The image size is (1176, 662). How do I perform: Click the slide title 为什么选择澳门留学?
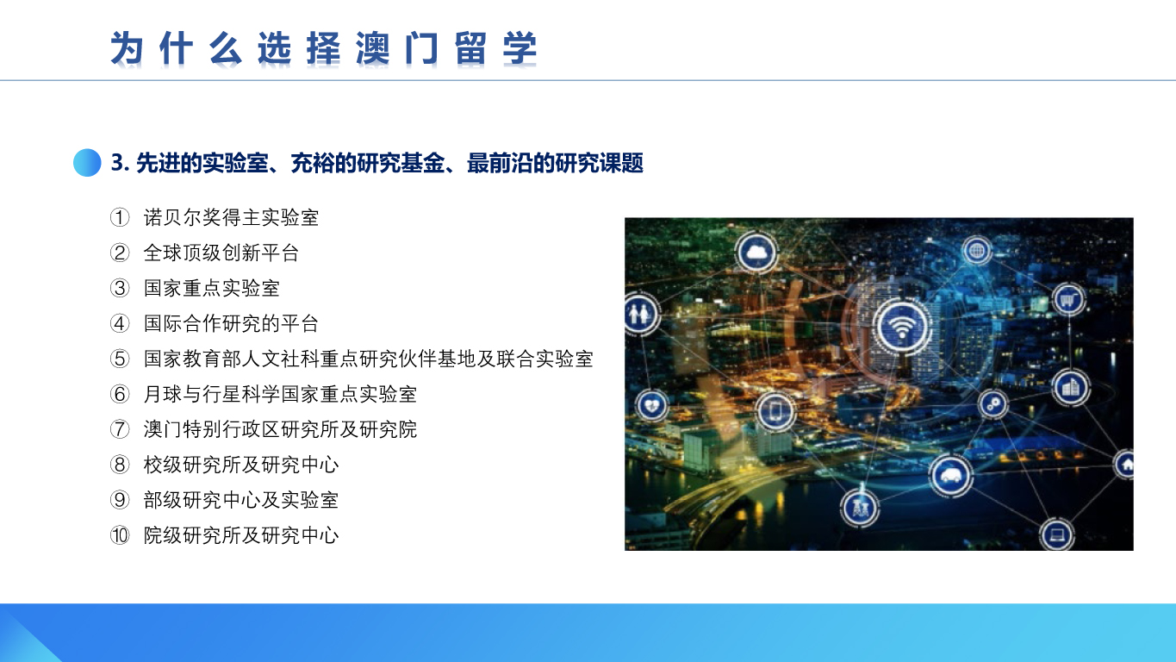point(323,48)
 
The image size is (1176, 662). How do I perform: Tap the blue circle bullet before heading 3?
point(87,163)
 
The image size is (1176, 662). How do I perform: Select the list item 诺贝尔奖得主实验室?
point(231,217)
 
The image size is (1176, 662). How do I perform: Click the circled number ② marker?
point(120,253)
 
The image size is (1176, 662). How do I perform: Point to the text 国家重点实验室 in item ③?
point(212,288)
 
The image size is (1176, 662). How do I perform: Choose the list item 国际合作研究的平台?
point(231,323)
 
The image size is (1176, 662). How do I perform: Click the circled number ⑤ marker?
point(120,359)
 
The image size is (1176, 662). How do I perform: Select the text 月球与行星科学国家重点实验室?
point(280,394)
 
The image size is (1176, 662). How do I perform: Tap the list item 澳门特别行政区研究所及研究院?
point(280,429)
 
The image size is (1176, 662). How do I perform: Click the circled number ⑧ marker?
point(120,465)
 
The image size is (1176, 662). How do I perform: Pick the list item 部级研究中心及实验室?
point(241,500)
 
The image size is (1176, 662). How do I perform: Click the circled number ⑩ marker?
point(120,535)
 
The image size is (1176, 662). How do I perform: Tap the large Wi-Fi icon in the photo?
point(902,326)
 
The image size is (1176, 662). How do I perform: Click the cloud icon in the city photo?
point(756,253)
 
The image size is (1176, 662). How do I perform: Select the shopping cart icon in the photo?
point(1067,300)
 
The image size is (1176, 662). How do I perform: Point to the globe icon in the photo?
point(976,251)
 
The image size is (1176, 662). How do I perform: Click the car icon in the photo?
point(950,475)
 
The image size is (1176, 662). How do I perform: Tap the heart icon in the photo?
point(652,406)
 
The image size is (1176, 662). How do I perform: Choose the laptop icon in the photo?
point(1057,534)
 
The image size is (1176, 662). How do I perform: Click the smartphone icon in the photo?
point(775,411)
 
